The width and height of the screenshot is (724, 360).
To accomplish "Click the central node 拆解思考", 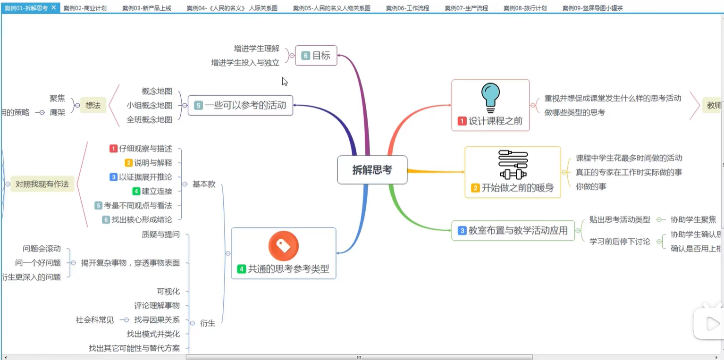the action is [x=372, y=170].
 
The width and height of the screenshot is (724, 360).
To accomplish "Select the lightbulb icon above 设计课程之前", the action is [x=490, y=98].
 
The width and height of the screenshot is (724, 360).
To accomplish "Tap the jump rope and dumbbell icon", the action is [x=513, y=165].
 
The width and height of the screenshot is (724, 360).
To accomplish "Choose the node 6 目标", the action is [x=316, y=56].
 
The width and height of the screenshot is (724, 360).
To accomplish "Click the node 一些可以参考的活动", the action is [x=240, y=105].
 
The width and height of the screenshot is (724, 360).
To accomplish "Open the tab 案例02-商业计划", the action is [x=85, y=8].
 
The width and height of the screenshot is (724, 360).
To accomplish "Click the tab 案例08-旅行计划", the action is [x=525, y=8].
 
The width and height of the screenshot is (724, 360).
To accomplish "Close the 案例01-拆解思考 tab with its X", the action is [x=54, y=8].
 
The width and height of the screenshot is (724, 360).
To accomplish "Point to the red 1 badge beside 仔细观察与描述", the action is [x=113, y=149].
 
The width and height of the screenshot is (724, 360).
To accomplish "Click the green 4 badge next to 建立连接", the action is [x=136, y=191].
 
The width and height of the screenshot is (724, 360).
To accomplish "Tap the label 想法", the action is [x=93, y=105].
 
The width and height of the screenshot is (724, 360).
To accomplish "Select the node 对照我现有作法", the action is [x=42, y=184].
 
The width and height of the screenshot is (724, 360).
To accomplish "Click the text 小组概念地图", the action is [x=149, y=105].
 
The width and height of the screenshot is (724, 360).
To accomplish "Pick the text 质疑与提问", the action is [x=160, y=234].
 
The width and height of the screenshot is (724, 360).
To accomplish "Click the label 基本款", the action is [x=204, y=184].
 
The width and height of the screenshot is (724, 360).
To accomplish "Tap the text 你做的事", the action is [x=591, y=186].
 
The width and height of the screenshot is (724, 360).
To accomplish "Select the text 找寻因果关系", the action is [x=157, y=320].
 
